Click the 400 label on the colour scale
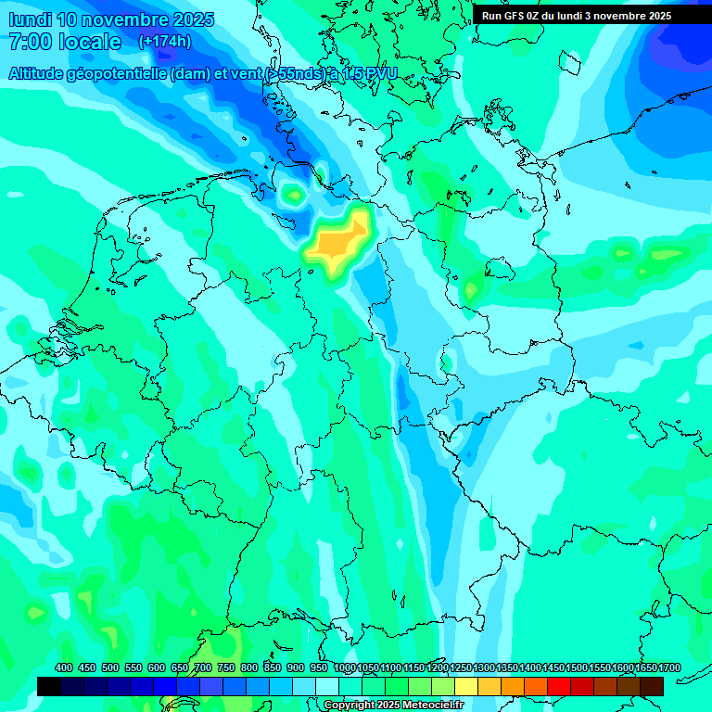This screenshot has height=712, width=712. [x=64, y=667]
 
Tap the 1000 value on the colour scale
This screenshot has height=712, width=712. [x=344, y=667]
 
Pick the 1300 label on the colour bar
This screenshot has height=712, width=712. [x=484, y=667]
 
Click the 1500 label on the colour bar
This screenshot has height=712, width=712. [x=577, y=667]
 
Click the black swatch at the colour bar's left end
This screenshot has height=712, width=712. [x=49, y=686]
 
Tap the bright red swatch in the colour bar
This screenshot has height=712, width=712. [x=559, y=686]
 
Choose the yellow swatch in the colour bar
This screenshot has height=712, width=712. [x=466, y=686]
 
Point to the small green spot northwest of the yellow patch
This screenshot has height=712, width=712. [x=294, y=194]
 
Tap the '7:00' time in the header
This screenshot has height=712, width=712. [x=32, y=42]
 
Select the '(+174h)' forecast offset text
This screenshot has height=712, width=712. [x=165, y=42]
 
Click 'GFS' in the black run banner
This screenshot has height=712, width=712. [x=515, y=16]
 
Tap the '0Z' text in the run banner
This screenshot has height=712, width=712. [x=536, y=16]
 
